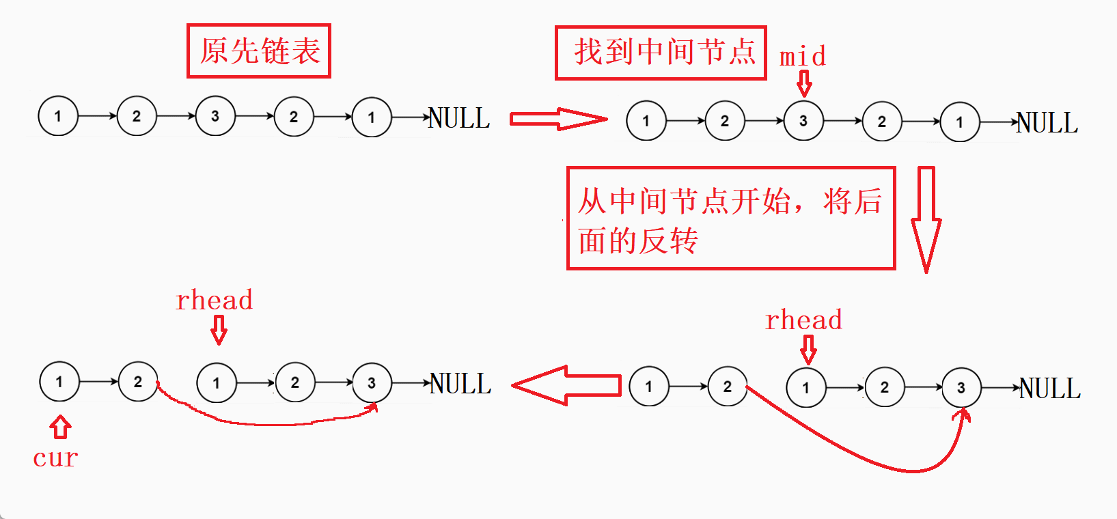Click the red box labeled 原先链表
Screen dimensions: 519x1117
(x=259, y=51)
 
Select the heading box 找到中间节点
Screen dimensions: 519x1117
(x=661, y=53)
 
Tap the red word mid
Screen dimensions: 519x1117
(x=803, y=56)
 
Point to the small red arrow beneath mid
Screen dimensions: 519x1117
(x=805, y=84)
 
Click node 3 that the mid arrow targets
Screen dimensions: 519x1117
(x=803, y=121)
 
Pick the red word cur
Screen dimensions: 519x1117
(x=55, y=458)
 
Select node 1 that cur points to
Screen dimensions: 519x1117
(x=59, y=382)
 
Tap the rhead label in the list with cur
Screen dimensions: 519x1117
(x=214, y=300)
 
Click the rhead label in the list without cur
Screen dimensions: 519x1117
(x=803, y=320)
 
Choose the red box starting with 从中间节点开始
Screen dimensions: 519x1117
(x=731, y=219)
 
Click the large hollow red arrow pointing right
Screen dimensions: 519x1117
(x=558, y=119)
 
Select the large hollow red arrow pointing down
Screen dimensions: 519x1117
(x=926, y=219)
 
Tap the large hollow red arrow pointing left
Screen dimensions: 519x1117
(x=566, y=386)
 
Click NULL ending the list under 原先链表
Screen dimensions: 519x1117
(x=459, y=118)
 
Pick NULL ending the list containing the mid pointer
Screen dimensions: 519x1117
(x=1047, y=123)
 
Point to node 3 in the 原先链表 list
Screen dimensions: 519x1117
(x=215, y=116)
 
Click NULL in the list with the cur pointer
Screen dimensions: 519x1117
(x=460, y=384)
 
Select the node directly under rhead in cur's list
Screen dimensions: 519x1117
(x=217, y=383)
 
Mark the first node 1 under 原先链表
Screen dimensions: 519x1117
(x=58, y=116)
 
